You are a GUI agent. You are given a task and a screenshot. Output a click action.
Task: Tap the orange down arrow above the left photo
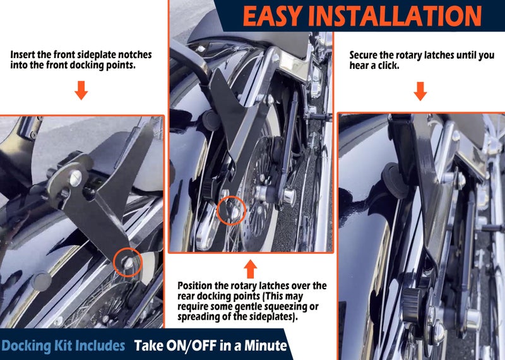(81, 90)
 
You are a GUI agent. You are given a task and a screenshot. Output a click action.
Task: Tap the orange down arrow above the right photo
(420, 91)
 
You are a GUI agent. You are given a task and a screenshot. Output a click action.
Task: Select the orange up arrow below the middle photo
(250, 269)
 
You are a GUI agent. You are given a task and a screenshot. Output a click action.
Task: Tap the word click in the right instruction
(388, 66)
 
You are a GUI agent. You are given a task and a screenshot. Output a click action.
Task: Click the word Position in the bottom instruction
(195, 285)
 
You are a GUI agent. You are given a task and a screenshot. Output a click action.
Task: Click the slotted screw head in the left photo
(76, 178)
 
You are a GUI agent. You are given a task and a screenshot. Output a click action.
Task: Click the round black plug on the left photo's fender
(42, 281)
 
